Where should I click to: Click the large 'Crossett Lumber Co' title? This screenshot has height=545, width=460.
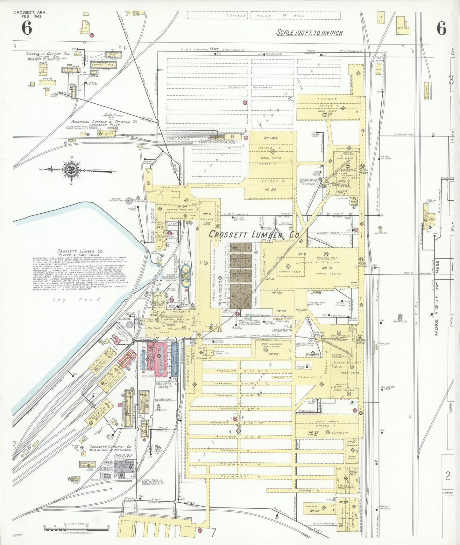point(254,235)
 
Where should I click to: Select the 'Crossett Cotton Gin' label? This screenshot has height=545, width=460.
point(44,53)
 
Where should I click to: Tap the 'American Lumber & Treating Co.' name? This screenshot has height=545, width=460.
point(104,121)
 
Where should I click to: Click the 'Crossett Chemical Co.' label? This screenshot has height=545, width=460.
point(110,447)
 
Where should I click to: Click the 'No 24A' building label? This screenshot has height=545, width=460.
point(271,138)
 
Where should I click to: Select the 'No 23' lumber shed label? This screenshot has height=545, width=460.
point(327,114)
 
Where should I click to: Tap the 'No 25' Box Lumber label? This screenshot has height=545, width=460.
point(273,354)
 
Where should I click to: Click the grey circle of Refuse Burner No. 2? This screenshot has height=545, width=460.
point(129,200)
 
